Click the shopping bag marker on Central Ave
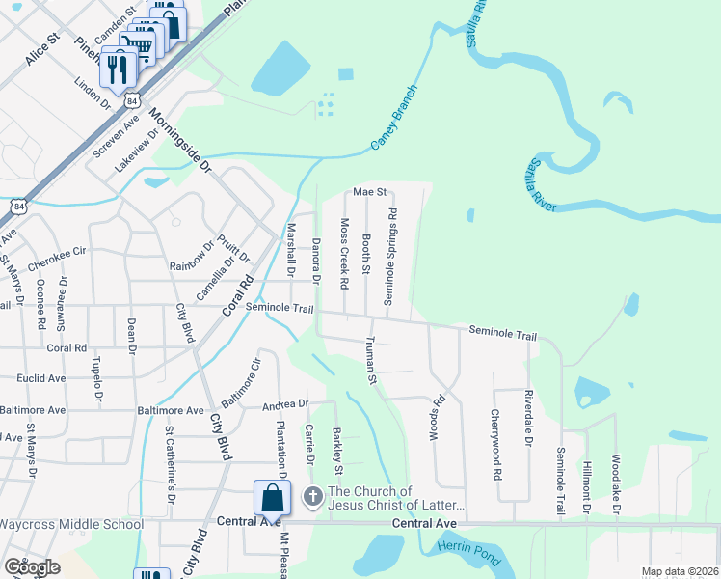point(272,498)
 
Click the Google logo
point(32,566)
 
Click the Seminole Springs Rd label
point(390,256)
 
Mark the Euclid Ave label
point(33,378)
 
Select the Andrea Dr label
point(284,405)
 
